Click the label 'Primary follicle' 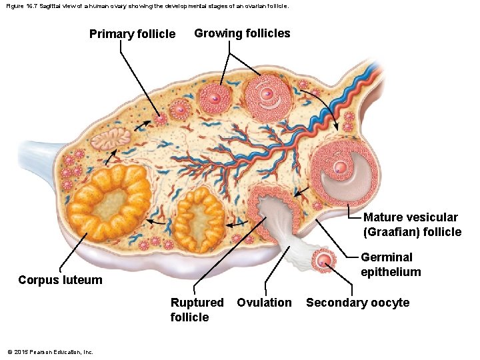132,34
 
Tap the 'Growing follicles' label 242,33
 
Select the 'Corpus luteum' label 60,280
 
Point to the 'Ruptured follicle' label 197,309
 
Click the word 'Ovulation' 264,303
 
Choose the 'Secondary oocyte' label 357,303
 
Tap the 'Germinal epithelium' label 391,264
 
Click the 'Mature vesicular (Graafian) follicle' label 412,224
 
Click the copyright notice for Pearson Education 50,352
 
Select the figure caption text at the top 147,5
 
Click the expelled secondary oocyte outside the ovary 325,259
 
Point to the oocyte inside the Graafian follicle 341,167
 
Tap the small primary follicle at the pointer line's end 160,119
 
